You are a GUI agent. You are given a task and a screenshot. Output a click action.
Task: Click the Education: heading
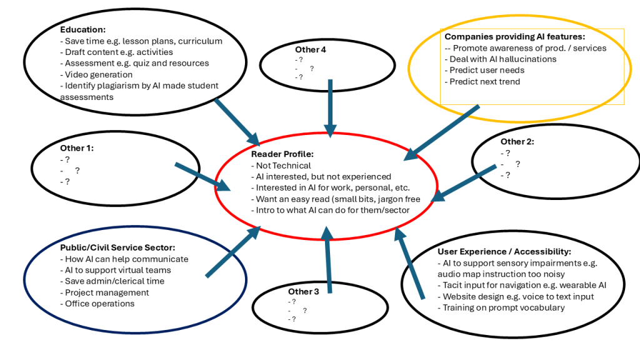pyautogui.click(x=82, y=29)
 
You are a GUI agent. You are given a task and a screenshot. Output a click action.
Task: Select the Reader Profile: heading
pyautogui.click(x=282, y=154)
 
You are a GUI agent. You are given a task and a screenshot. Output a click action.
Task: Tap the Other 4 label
pyautogui.click(x=311, y=49)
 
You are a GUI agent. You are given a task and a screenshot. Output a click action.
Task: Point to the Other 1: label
pyautogui.click(x=77, y=148)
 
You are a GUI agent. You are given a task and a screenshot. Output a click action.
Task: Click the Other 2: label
pyautogui.click(x=517, y=142)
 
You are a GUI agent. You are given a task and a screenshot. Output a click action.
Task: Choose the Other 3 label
pyautogui.click(x=303, y=291)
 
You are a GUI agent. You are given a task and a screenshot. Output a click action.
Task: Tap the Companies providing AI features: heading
pyautogui.click(x=514, y=37)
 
